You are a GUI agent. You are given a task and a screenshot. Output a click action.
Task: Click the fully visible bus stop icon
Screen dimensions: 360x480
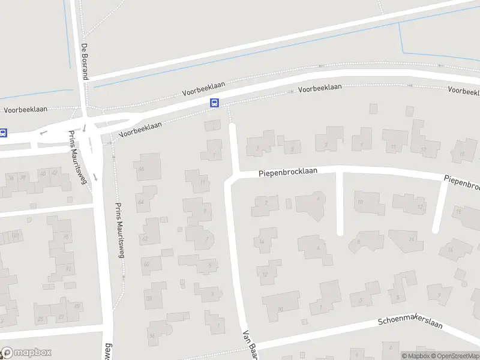click(214, 103)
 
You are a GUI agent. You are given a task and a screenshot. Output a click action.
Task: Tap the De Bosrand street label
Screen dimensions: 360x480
click(85, 62)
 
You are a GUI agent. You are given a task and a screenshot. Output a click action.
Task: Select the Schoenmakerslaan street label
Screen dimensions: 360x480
click(410, 322)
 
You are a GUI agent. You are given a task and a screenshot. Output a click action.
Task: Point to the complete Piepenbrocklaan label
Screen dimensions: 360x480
click(288, 172)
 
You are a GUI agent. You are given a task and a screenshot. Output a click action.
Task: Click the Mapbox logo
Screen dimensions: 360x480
click(26, 353)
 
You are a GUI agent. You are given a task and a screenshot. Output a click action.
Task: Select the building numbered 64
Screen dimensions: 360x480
click(143, 202)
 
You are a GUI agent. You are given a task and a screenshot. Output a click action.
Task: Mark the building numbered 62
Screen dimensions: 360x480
click(145, 238)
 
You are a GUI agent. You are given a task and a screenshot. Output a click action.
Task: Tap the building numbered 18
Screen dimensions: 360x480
click(460, 211)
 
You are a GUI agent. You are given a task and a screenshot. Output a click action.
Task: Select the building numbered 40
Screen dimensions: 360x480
click(42, 173)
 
